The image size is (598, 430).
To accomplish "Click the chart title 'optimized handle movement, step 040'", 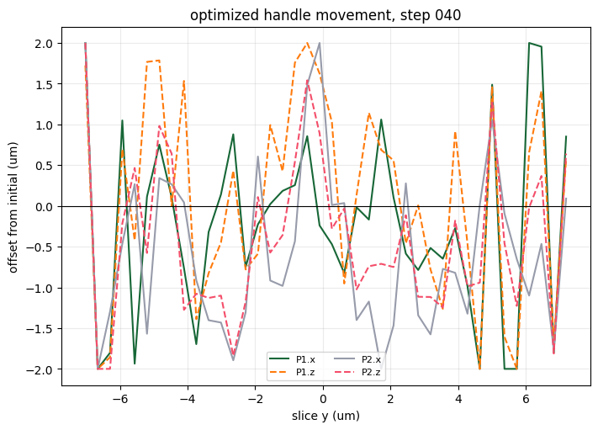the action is [x=325, y=15].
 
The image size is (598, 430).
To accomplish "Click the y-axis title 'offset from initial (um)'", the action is [x=13, y=208].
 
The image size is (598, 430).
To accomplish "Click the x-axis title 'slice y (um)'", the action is [x=325, y=416].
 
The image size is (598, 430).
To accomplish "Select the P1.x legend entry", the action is [x=292, y=359].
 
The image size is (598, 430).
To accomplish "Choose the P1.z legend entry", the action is [x=292, y=373].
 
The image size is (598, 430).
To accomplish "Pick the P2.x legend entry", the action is [x=357, y=359].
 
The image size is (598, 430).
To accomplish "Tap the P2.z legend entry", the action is [x=357, y=373].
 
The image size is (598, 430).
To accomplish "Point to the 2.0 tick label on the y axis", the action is [x=44, y=44].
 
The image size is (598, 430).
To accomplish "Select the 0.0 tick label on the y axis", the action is [x=44, y=206].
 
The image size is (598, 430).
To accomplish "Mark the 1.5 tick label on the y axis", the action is [x=44, y=84].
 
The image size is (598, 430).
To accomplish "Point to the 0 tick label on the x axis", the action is [x=323, y=399].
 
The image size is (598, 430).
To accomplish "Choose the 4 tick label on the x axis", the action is [x=458, y=399].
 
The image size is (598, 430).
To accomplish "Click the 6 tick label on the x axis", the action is [x=526, y=399].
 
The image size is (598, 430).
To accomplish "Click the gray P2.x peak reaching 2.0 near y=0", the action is [x=320, y=43].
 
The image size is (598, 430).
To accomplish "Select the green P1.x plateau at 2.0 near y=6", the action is [x=535, y=45].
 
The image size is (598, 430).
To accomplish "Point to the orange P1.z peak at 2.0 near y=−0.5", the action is [x=307, y=43].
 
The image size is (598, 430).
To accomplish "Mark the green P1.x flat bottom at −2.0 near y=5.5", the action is [x=511, y=369].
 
